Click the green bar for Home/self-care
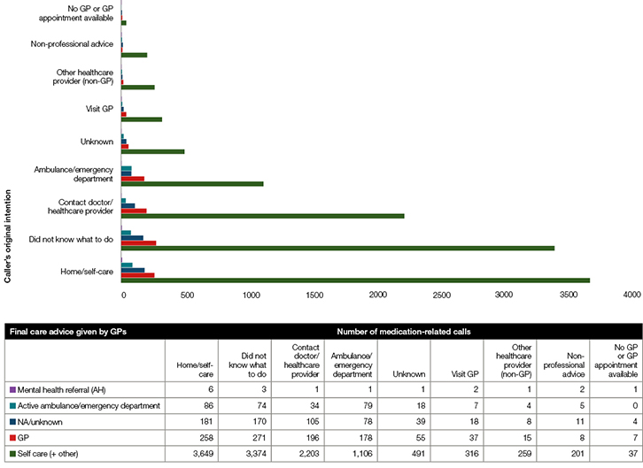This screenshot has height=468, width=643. click(354, 280)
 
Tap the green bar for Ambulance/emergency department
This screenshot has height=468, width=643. click(192, 184)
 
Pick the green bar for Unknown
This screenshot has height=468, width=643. click(152, 151)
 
